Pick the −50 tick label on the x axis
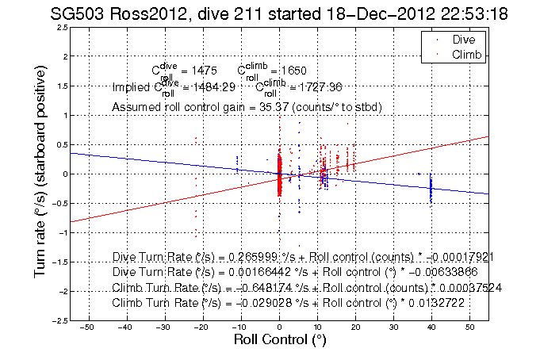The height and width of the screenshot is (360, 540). (87, 327)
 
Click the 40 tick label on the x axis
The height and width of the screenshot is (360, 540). (431, 327)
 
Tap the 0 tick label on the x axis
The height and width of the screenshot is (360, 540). (279, 327)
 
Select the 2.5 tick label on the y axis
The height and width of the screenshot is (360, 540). (60, 28)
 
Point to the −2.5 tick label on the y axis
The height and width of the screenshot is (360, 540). (58, 320)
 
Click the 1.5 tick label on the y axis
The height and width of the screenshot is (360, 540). (60, 86)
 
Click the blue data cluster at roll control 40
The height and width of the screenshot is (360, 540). (431, 189)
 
